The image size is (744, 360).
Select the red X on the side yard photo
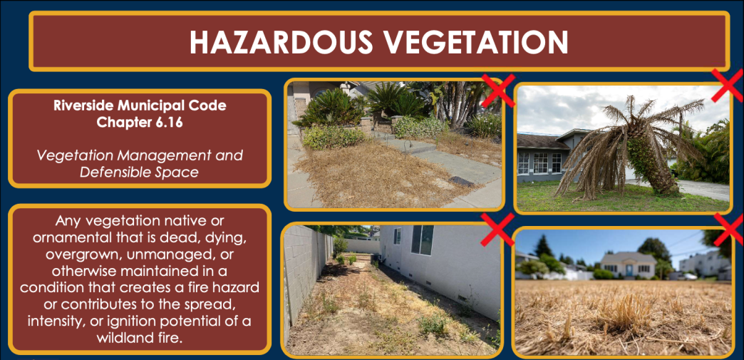click(x=498, y=227)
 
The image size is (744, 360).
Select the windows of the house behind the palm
click(x=539, y=163)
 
